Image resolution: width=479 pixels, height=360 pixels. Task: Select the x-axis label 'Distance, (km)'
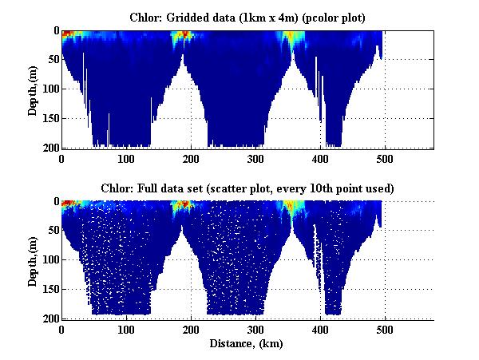[247, 343]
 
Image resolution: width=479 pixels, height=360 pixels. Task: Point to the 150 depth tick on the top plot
[49, 118]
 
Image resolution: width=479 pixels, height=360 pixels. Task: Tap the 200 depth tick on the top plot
[49, 148]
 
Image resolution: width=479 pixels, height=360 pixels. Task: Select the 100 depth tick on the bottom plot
[49, 260]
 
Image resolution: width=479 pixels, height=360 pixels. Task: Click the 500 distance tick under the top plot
[385, 158]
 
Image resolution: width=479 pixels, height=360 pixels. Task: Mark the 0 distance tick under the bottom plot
[61, 329]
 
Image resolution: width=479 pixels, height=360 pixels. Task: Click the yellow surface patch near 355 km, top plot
[292, 36]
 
